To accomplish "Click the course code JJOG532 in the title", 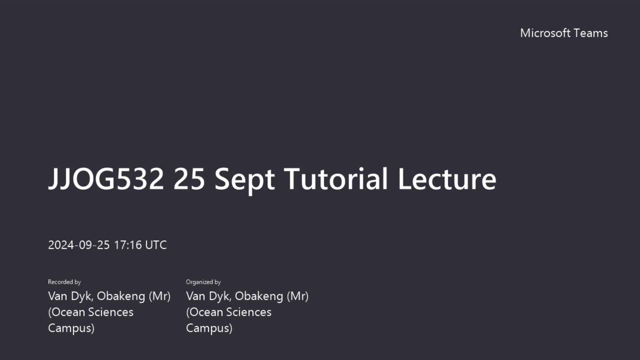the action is tap(106, 179).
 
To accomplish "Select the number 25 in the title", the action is tap(189, 179).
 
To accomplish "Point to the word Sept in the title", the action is tap(245, 180).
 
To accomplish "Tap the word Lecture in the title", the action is tap(447, 179).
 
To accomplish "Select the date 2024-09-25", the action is tap(79, 245).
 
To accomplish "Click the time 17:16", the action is tap(128, 245).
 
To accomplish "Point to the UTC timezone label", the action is tap(156, 245).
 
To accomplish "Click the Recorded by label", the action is tap(64, 282).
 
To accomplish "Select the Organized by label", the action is tap(203, 282).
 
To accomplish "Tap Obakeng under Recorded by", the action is tap(121, 296).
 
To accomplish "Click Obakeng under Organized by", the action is tap(259, 296).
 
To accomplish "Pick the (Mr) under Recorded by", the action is tap(160, 296).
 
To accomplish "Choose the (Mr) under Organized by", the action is tap(298, 296).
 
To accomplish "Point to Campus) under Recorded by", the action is tap(71, 328).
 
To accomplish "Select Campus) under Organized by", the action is tap(209, 328).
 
